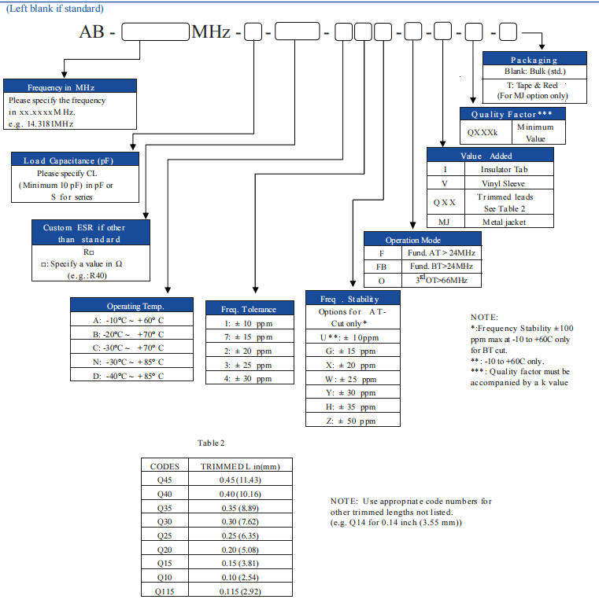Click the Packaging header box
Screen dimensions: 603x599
point(534,59)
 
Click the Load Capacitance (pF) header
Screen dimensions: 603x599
point(75,160)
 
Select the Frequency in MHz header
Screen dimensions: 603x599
point(70,87)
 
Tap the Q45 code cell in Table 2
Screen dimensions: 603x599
point(165,480)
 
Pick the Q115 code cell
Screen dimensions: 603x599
point(165,590)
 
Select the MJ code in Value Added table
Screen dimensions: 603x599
point(443,221)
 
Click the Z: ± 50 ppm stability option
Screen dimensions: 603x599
point(352,421)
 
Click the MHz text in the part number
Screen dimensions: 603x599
point(211,33)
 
